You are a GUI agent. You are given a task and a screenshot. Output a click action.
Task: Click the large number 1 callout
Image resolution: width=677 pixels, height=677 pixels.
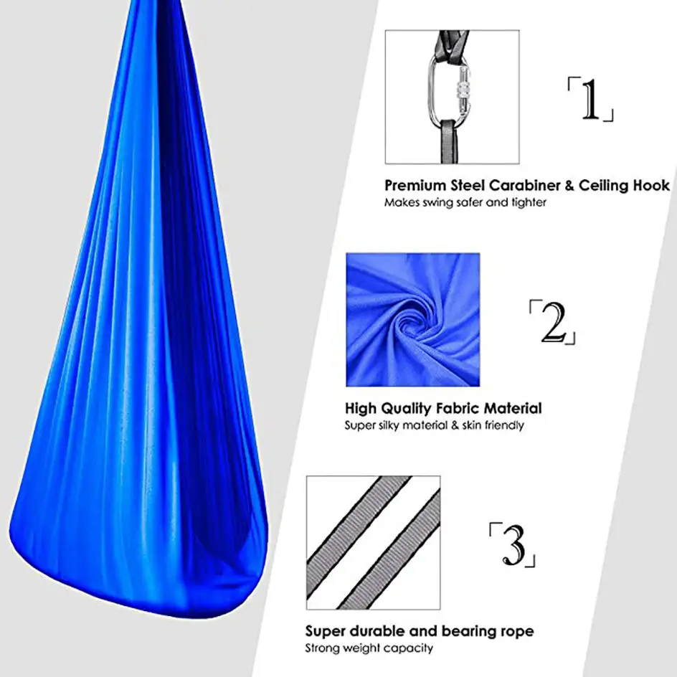pos(590,100)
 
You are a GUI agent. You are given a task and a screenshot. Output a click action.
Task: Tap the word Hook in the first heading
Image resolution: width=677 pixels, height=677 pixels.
pos(652,185)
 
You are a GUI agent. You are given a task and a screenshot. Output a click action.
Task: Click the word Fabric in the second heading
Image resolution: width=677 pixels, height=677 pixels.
pos(454,409)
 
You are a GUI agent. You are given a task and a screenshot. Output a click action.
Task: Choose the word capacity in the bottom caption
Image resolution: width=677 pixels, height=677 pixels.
pos(409,649)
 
